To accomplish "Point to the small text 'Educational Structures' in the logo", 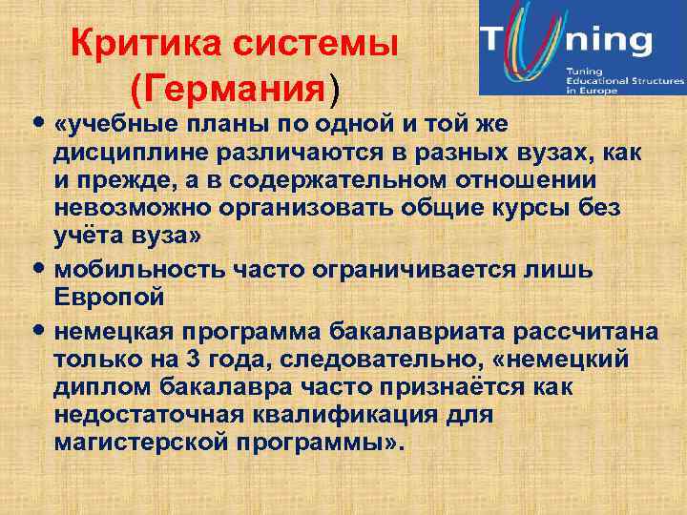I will [x=624, y=81].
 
